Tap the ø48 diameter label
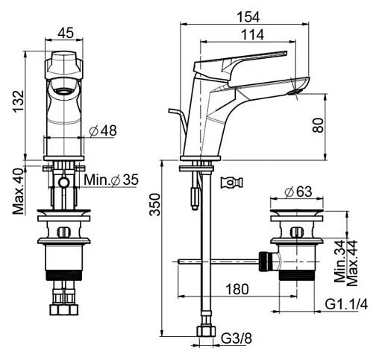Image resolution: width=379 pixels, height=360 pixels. tap(103, 131)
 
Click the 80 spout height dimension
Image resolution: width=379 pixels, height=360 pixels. tap(319, 125)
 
